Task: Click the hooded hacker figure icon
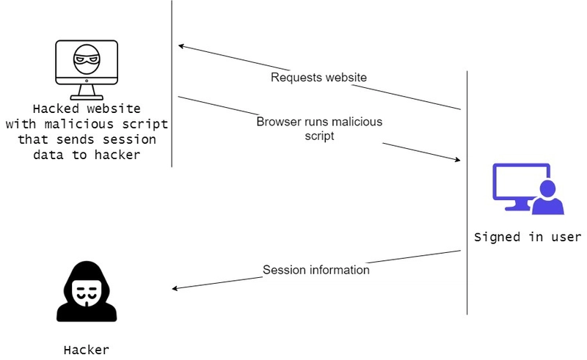pos(87,291)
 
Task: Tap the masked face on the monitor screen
pos(87,59)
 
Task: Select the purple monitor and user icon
pos(528,188)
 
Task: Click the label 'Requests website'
pos(318,78)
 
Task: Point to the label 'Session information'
pos(316,270)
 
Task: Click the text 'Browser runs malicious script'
pos(319,128)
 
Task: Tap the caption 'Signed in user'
pos(528,238)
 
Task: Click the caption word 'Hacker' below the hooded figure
pos(87,350)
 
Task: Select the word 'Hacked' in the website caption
pos(56,109)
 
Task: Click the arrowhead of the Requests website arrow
pos(181,46)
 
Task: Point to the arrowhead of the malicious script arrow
pos(458,160)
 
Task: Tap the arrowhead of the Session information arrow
pos(175,288)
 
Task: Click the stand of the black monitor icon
pos(87,92)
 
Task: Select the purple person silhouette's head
pos(547,188)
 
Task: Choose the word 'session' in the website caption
pos(129,139)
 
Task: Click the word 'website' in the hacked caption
pos(114,109)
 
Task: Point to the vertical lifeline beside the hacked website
pos(172,84)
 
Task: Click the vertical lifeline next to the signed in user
pos(467,192)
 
